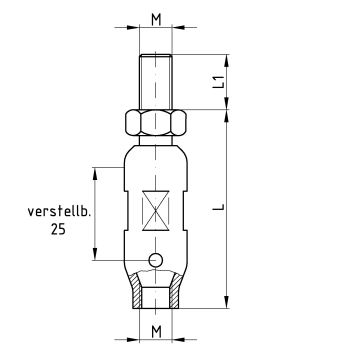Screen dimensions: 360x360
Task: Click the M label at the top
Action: (x=156, y=20)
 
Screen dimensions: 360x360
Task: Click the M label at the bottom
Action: (x=156, y=332)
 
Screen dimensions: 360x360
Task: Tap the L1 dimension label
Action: (x=218, y=82)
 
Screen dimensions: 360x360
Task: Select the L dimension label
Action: (x=218, y=207)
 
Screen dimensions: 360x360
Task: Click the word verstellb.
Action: (x=59, y=212)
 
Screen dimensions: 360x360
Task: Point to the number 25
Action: (x=58, y=229)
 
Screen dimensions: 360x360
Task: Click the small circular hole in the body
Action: (x=156, y=260)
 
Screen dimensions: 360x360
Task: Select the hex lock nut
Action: (x=156, y=122)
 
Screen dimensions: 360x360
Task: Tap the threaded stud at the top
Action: (x=156, y=82)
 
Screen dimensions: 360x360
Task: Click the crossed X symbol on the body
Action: (x=156, y=210)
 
